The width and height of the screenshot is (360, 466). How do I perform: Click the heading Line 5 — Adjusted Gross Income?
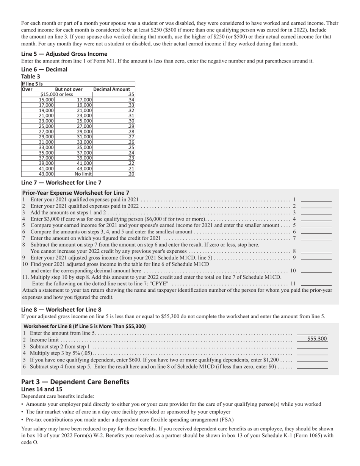tap(64, 54)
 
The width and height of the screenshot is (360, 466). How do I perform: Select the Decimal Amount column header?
tap(111, 89)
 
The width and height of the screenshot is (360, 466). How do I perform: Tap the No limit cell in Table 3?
tap(83, 174)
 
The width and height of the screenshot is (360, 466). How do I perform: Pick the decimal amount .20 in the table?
tap(131, 174)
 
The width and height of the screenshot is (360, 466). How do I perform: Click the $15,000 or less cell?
tap(57, 95)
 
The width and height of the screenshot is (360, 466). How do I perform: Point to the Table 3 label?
tap(31, 76)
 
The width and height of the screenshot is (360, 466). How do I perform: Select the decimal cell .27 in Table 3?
tap(131, 137)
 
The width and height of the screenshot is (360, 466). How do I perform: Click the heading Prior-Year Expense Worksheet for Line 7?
tap(75, 192)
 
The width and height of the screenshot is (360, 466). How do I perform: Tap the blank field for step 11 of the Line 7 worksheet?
tap(316, 283)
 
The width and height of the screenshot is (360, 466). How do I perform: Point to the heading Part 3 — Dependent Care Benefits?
tap(75, 382)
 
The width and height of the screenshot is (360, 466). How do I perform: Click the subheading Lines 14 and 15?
tap(41, 389)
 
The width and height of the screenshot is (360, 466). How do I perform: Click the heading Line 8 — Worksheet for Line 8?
tap(61, 309)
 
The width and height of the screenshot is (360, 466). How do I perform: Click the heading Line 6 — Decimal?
tap(44, 69)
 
